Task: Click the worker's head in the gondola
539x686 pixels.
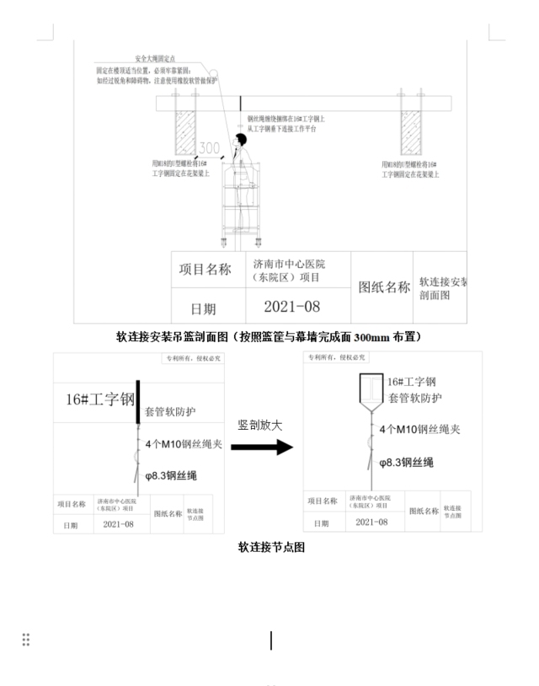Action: coord(241,140)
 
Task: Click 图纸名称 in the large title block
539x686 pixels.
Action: coord(383,287)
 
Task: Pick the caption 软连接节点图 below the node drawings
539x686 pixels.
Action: coord(270,547)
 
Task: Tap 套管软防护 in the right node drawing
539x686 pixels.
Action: coord(416,398)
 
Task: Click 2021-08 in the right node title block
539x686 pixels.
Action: coord(371,523)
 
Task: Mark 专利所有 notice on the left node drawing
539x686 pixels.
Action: coord(186,359)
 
